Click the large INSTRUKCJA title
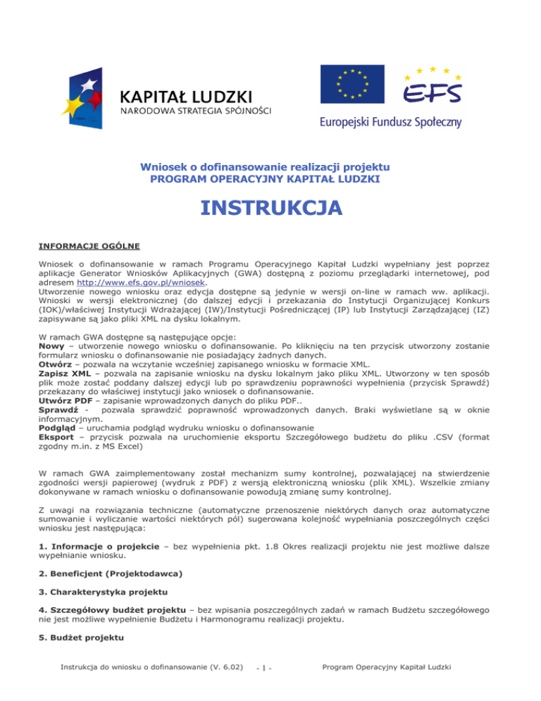(x=270, y=209)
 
